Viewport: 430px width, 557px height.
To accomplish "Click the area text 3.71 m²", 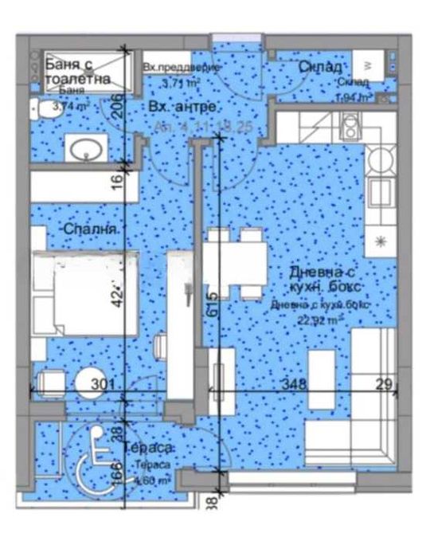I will pyautogui.click(x=181, y=82).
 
